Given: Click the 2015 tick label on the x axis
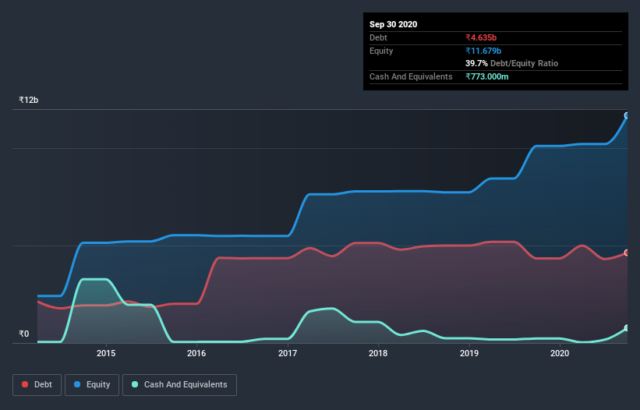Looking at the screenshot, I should click(106, 353).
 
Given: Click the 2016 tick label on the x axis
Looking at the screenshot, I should click(196, 353).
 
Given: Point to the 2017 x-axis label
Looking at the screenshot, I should click(288, 353).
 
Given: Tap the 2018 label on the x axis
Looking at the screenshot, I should click(378, 353).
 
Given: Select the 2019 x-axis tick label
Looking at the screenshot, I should click(469, 353).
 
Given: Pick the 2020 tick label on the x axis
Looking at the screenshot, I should click(560, 353).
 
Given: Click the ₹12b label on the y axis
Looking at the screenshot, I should click(29, 100).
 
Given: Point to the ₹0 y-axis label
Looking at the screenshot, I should click(23, 334).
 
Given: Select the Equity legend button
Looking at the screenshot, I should click(92, 384).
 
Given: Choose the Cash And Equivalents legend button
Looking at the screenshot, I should click(179, 384).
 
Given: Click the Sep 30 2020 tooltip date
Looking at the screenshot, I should click(394, 24).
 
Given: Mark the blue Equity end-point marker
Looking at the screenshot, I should click(627, 115).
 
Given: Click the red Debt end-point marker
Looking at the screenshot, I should click(627, 253).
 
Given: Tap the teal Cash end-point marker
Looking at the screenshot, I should click(627, 328).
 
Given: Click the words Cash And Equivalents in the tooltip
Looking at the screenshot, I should click(411, 76).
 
